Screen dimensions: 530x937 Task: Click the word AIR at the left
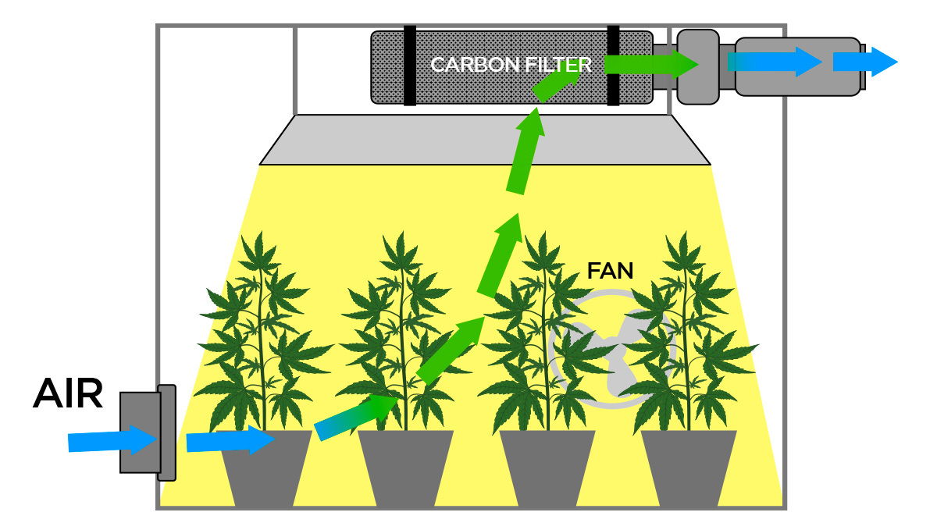point(68,395)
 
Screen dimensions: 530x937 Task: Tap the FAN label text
point(610,271)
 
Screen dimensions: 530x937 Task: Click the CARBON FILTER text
point(511,64)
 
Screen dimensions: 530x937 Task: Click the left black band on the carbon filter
point(409,66)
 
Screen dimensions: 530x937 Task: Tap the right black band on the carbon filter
point(613,66)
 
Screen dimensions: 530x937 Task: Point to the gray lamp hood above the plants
point(484,141)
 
